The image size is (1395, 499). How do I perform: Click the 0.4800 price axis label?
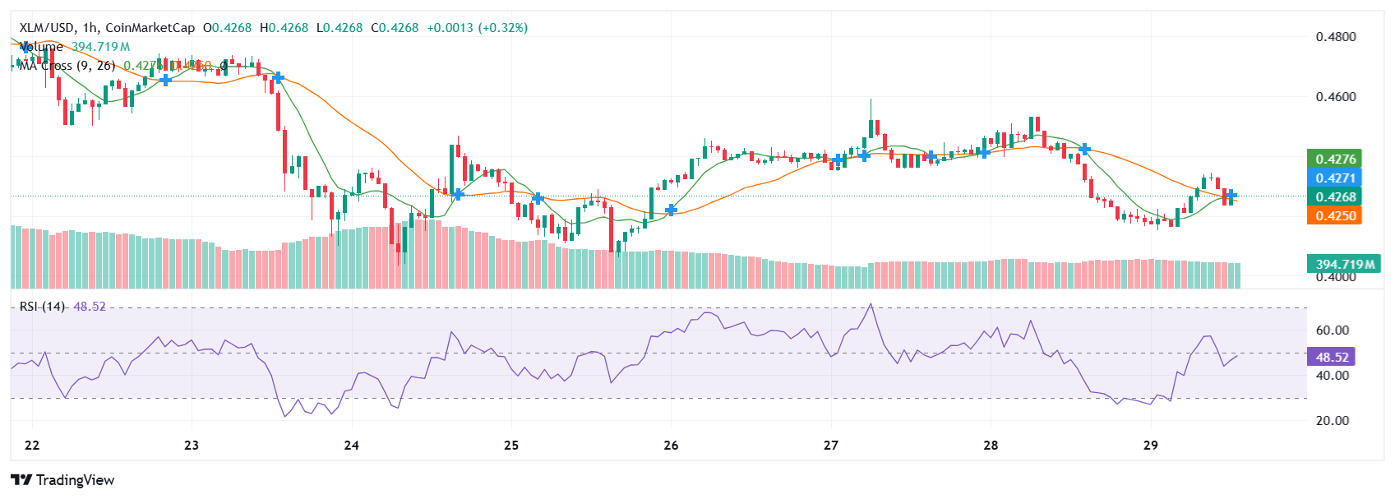tap(1335, 37)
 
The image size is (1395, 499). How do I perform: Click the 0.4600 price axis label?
tap(1335, 97)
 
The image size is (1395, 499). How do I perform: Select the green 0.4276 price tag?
tap(1335, 159)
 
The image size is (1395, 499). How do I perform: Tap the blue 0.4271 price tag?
tap(1335, 178)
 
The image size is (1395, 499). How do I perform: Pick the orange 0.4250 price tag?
tap(1335, 215)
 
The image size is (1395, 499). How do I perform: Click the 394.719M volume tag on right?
tap(1344, 264)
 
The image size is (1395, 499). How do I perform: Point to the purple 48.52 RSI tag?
tap(1332, 357)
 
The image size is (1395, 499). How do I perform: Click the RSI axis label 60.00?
tap(1332, 330)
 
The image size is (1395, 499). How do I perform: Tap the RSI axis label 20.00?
tap(1332, 421)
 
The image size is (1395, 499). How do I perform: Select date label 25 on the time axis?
tap(511, 446)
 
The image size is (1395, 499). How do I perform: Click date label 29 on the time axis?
tap(1151, 446)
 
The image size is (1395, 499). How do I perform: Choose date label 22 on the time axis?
tap(32, 446)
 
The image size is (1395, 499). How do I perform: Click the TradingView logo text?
tap(75, 480)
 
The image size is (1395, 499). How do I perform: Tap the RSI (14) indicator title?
tap(43, 307)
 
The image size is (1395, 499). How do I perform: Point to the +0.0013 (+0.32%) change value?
tap(477, 28)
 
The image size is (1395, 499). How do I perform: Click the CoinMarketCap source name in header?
tap(150, 28)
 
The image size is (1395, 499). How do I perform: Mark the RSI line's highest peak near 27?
tap(871, 305)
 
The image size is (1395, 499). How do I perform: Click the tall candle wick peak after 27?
tap(871, 100)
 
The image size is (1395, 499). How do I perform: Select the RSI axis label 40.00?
tap(1332, 376)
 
